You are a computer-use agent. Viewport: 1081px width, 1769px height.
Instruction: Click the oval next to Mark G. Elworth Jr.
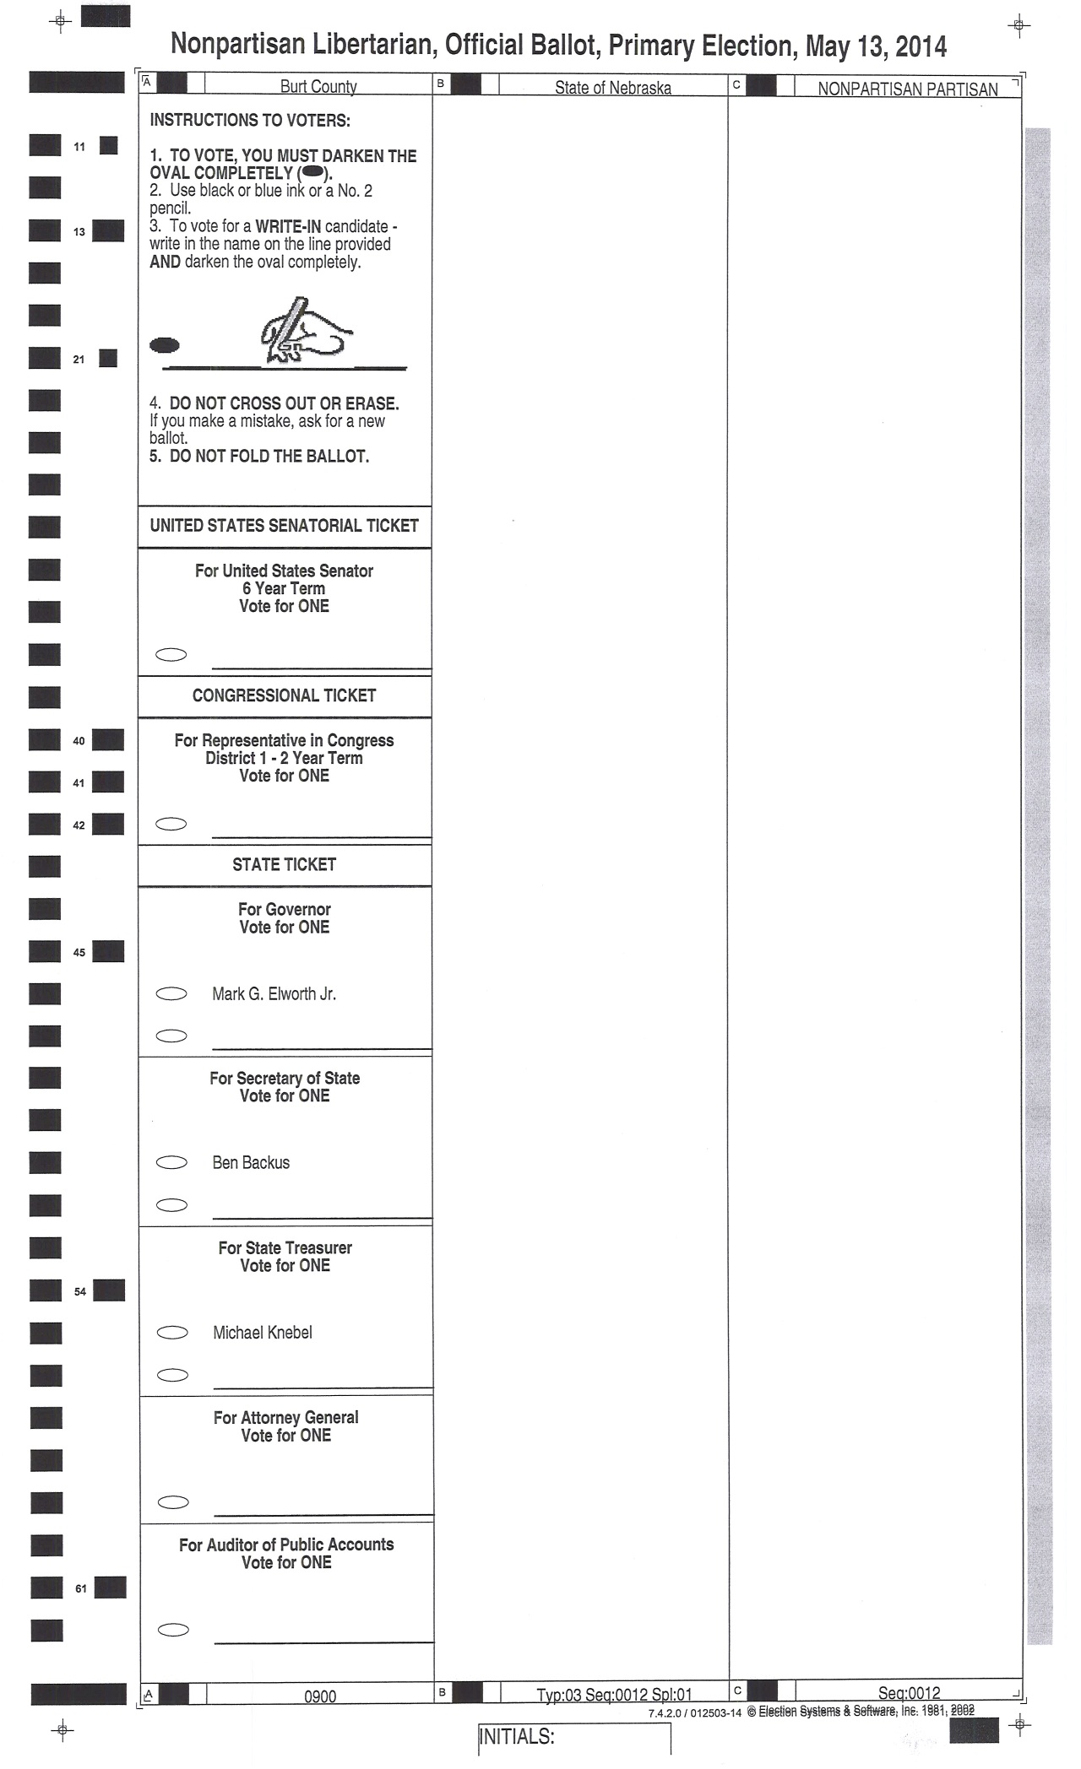tap(171, 994)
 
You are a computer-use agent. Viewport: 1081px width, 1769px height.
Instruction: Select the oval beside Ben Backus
tap(171, 1163)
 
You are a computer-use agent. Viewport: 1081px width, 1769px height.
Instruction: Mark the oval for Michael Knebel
tap(172, 1333)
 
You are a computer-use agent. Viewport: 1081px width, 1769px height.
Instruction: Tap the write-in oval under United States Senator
tap(171, 655)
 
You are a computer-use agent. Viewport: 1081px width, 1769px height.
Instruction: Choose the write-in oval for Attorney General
tap(172, 1502)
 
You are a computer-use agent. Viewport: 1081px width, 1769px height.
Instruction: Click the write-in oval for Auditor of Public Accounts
tap(173, 1630)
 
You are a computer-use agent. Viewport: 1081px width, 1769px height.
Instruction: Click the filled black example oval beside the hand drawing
tap(165, 344)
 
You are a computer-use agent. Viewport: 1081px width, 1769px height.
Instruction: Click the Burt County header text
tap(318, 86)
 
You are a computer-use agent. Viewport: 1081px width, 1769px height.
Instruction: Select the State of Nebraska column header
tap(612, 87)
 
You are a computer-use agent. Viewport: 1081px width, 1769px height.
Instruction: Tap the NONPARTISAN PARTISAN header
tap(907, 89)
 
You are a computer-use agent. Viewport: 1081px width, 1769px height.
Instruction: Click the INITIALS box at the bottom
tap(574, 1738)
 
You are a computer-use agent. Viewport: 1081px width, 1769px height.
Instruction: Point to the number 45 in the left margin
tap(79, 953)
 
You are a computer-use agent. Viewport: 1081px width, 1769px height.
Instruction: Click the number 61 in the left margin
tap(81, 1588)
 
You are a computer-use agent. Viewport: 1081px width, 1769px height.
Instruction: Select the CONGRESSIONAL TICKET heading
tap(284, 695)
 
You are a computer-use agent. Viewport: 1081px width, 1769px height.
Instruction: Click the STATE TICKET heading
tap(284, 864)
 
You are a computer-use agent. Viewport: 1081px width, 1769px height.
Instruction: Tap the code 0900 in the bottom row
tap(320, 1696)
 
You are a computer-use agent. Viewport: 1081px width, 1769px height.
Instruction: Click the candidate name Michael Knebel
tap(263, 1333)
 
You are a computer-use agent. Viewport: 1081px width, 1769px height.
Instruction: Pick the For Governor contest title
tap(284, 909)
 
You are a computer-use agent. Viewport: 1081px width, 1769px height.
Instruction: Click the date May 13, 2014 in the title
tap(876, 46)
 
